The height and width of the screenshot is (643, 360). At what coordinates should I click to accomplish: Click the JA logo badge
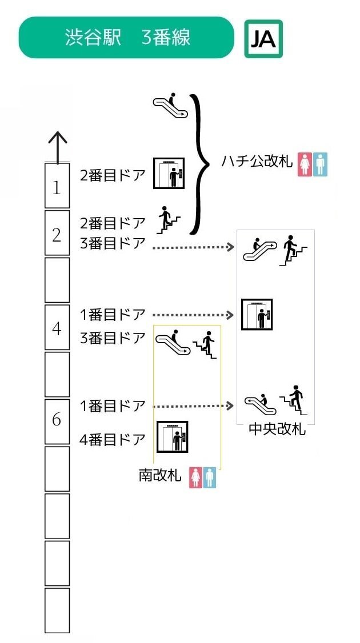click(263, 38)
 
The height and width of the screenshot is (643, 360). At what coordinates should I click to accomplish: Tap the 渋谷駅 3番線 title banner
click(126, 38)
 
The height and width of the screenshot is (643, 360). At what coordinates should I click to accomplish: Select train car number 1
click(57, 187)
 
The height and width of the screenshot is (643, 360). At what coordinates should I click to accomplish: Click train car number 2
click(57, 234)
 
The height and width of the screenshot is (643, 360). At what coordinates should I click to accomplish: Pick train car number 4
click(57, 328)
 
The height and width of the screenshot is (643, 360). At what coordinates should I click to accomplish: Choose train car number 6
click(57, 420)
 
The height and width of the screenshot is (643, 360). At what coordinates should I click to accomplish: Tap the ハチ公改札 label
click(257, 162)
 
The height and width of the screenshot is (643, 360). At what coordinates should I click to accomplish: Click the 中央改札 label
click(277, 429)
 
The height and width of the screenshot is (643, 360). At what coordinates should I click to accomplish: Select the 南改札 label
click(160, 475)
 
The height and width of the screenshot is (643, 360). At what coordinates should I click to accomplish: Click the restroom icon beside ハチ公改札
click(312, 163)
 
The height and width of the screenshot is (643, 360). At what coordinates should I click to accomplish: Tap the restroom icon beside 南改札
click(203, 477)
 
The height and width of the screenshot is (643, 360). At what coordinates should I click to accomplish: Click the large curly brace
click(199, 164)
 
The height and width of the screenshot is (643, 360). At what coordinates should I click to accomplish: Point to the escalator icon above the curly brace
click(170, 105)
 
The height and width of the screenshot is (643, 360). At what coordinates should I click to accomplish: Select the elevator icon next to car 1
click(169, 173)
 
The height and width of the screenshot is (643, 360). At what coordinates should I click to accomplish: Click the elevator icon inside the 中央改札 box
click(257, 314)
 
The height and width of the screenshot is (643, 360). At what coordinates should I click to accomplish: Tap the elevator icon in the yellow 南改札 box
click(171, 437)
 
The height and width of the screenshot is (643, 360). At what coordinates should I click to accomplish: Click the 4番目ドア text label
click(113, 440)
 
